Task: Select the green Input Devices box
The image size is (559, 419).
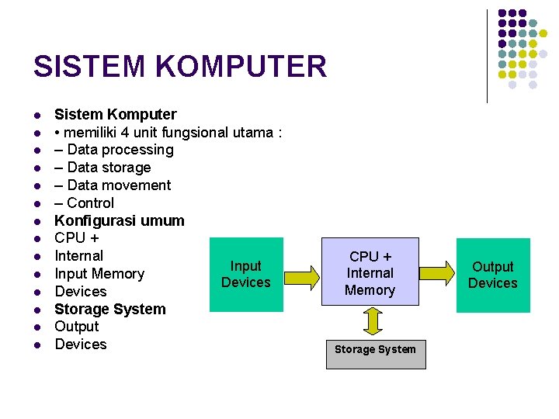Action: click(246, 275)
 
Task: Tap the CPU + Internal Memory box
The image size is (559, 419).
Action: click(370, 272)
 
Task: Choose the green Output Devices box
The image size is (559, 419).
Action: click(492, 275)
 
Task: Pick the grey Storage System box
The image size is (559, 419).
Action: click(375, 350)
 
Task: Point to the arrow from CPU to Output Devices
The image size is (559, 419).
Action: click(437, 268)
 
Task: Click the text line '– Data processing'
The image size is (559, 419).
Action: click(114, 150)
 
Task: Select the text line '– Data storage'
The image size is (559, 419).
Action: click(102, 168)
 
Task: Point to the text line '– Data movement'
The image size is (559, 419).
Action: click(113, 185)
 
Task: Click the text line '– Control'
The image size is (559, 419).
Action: click(84, 203)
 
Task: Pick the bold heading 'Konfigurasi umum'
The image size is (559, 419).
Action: click(120, 220)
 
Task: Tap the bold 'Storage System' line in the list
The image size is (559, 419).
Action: click(110, 309)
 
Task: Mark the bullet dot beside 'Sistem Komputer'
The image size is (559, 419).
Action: click(36, 116)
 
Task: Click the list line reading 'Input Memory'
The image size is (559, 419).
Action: click(99, 274)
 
